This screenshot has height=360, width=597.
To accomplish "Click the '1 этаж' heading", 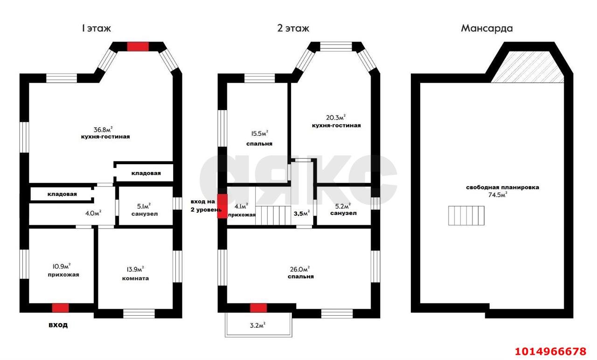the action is [x=96, y=28].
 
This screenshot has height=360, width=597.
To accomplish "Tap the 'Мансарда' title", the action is [x=486, y=28].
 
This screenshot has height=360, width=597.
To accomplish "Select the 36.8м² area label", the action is [x=103, y=130].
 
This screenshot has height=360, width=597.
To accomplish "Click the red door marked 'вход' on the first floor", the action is [x=60, y=308].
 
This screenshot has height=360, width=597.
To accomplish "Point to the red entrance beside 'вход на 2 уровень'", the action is [x=222, y=206].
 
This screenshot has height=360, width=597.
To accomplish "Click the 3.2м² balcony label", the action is [x=258, y=325].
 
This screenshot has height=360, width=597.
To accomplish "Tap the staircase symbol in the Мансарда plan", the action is [x=466, y=215].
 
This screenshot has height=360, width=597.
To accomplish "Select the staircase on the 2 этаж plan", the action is [x=273, y=215].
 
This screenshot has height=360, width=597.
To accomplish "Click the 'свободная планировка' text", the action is [x=502, y=187].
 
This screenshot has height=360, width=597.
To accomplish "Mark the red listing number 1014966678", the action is [x=550, y=351].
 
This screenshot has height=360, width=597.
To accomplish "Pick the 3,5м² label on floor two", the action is [x=302, y=213].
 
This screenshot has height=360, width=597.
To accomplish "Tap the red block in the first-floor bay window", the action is [x=138, y=46].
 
